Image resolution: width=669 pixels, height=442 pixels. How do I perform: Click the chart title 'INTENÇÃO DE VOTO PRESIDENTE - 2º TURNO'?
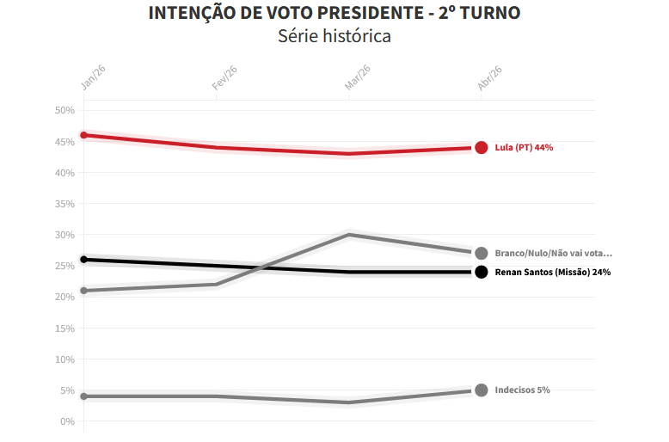tap(334, 13)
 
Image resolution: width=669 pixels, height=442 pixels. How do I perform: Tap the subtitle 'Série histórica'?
tap(334, 36)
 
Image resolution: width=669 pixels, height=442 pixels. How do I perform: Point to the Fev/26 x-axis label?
tap(224, 77)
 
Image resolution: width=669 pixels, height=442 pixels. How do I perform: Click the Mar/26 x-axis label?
tap(357, 77)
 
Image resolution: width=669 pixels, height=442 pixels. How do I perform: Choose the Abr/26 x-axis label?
tap(489, 77)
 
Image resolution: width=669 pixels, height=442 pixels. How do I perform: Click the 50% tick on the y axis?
tap(65, 111)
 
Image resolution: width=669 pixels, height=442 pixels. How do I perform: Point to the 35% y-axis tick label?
tap(65, 204)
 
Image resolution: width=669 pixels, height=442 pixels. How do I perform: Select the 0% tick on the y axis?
tap(68, 421)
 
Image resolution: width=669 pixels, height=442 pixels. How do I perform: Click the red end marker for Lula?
tap(482, 148)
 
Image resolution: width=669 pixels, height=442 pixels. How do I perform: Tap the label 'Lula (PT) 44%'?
tap(524, 148)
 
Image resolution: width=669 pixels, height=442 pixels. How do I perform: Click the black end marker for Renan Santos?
tap(482, 273)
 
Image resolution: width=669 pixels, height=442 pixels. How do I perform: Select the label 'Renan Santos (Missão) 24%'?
tap(553, 273)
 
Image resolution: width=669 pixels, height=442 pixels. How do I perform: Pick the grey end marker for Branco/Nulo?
tap(482, 254)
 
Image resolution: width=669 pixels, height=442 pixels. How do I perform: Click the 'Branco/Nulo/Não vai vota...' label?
tap(553, 254)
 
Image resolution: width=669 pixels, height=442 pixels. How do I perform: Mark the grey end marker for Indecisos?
tap(482, 390)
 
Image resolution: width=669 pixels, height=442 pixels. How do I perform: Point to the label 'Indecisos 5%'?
tap(522, 390)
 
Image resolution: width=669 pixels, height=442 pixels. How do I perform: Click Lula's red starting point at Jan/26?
tap(84, 135)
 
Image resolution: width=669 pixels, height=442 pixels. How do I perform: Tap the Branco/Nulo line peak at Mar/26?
tap(349, 235)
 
